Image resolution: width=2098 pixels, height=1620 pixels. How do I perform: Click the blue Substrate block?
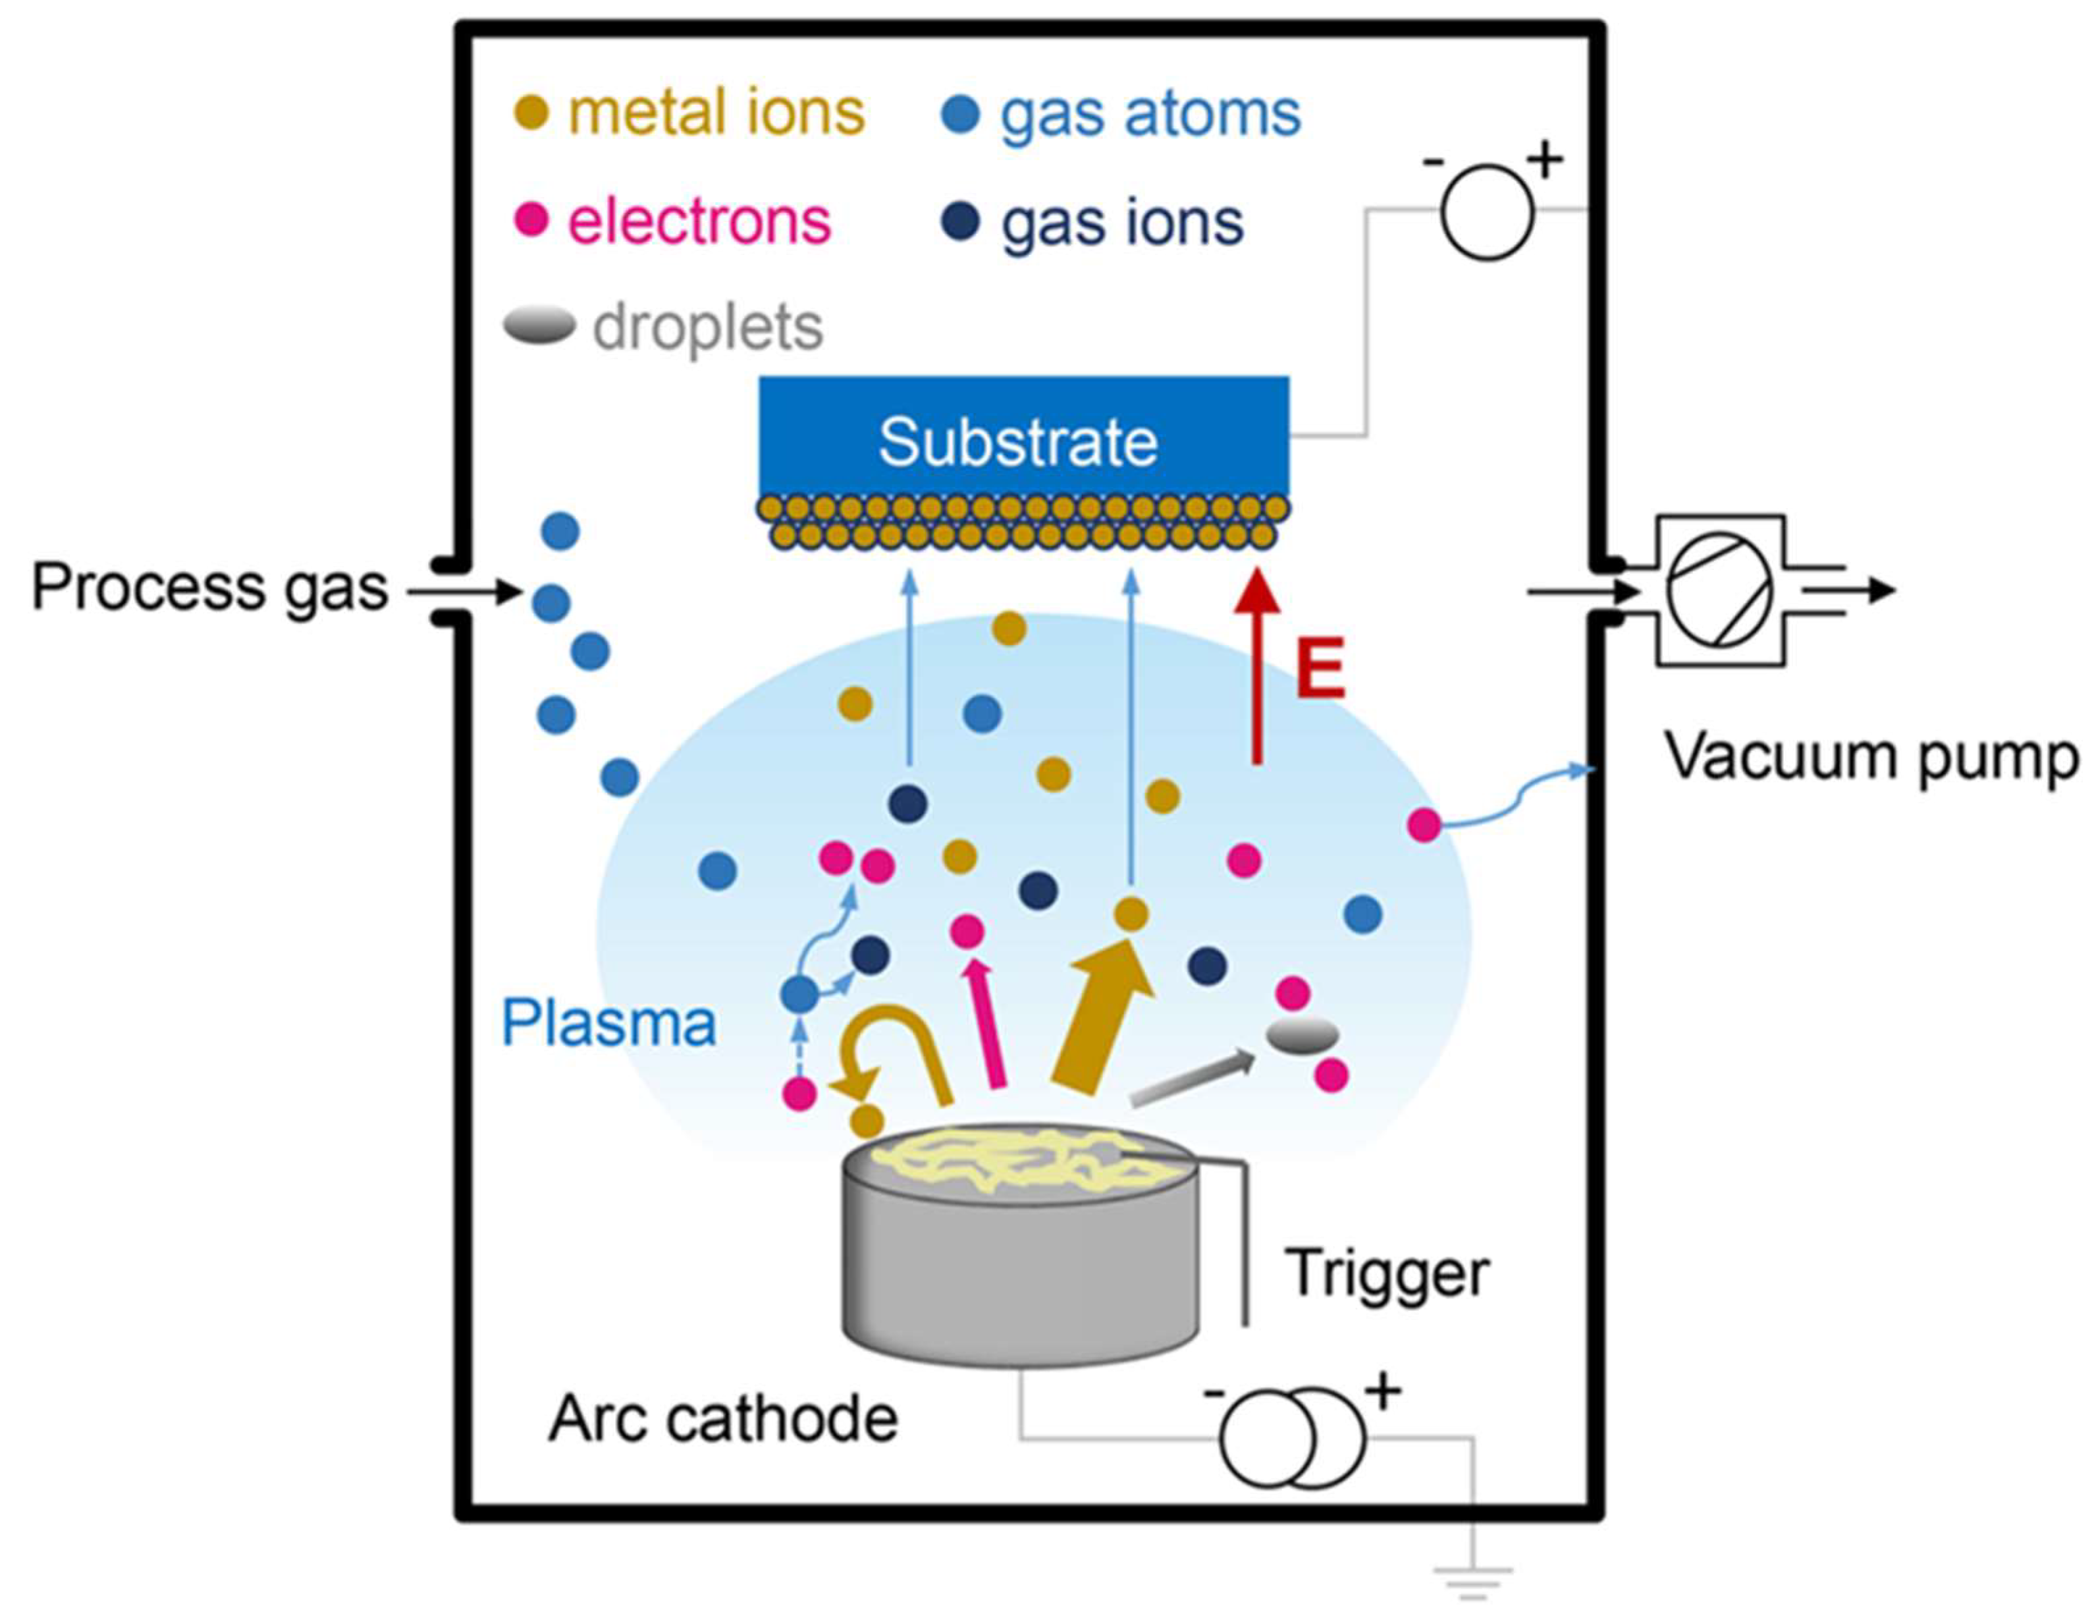[x=1023, y=437]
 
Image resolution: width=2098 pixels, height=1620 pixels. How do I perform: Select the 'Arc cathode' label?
[x=722, y=1419]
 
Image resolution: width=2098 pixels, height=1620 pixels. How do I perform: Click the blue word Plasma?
[x=609, y=1022]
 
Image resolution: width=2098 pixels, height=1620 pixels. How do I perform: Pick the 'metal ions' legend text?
[x=716, y=113]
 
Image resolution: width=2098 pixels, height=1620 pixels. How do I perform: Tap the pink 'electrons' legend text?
[x=699, y=222]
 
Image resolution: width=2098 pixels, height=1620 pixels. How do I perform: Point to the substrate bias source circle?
[x=1486, y=212]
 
